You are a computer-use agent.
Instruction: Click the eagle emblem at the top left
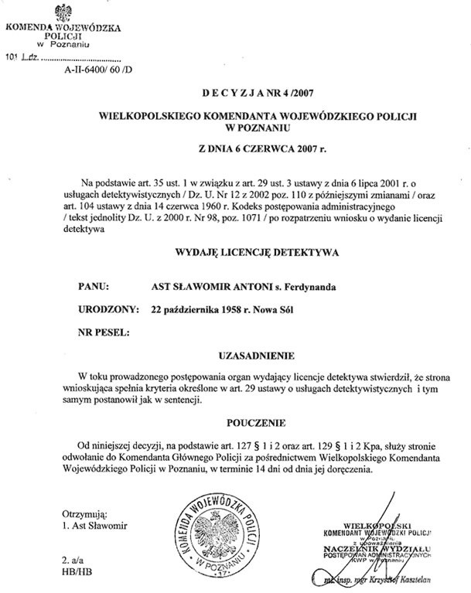click(63, 12)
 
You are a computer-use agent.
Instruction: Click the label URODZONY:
click(107, 309)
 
